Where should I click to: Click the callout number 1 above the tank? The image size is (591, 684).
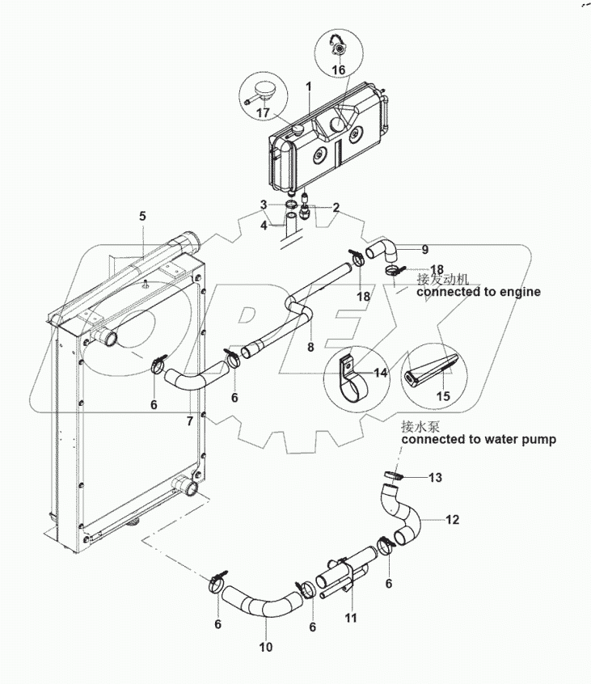pyautogui.click(x=308, y=86)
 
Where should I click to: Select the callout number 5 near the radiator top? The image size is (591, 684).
pyautogui.click(x=142, y=216)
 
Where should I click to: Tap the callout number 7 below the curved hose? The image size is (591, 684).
pyautogui.click(x=190, y=420)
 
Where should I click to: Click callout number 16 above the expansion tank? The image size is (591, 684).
pyautogui.click(x=337, y=70)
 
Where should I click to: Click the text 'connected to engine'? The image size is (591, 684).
pyautogui.click(x=478, y=291)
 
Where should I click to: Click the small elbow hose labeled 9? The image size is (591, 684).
pyautogui.click(x=381, y=246)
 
